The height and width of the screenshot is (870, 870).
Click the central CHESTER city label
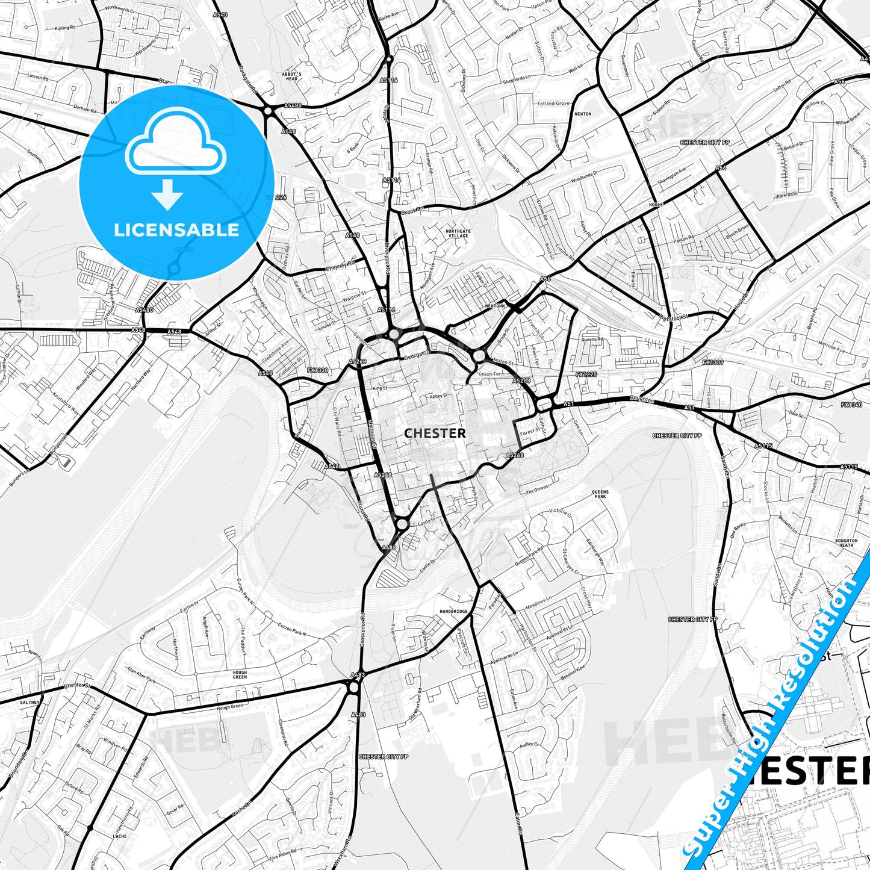435,433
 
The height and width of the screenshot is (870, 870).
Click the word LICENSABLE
176,229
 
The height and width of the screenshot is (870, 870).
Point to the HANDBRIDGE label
453,611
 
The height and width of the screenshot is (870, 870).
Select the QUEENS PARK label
600,494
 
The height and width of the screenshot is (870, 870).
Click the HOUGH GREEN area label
240,674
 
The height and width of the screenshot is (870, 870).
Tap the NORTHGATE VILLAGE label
456,234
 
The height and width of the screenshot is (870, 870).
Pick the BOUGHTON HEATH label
846,543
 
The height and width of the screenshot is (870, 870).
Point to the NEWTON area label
583,114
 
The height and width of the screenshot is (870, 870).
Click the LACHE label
120,836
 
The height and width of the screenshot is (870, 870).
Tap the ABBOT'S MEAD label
292,76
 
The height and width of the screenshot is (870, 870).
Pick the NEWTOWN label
494,306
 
